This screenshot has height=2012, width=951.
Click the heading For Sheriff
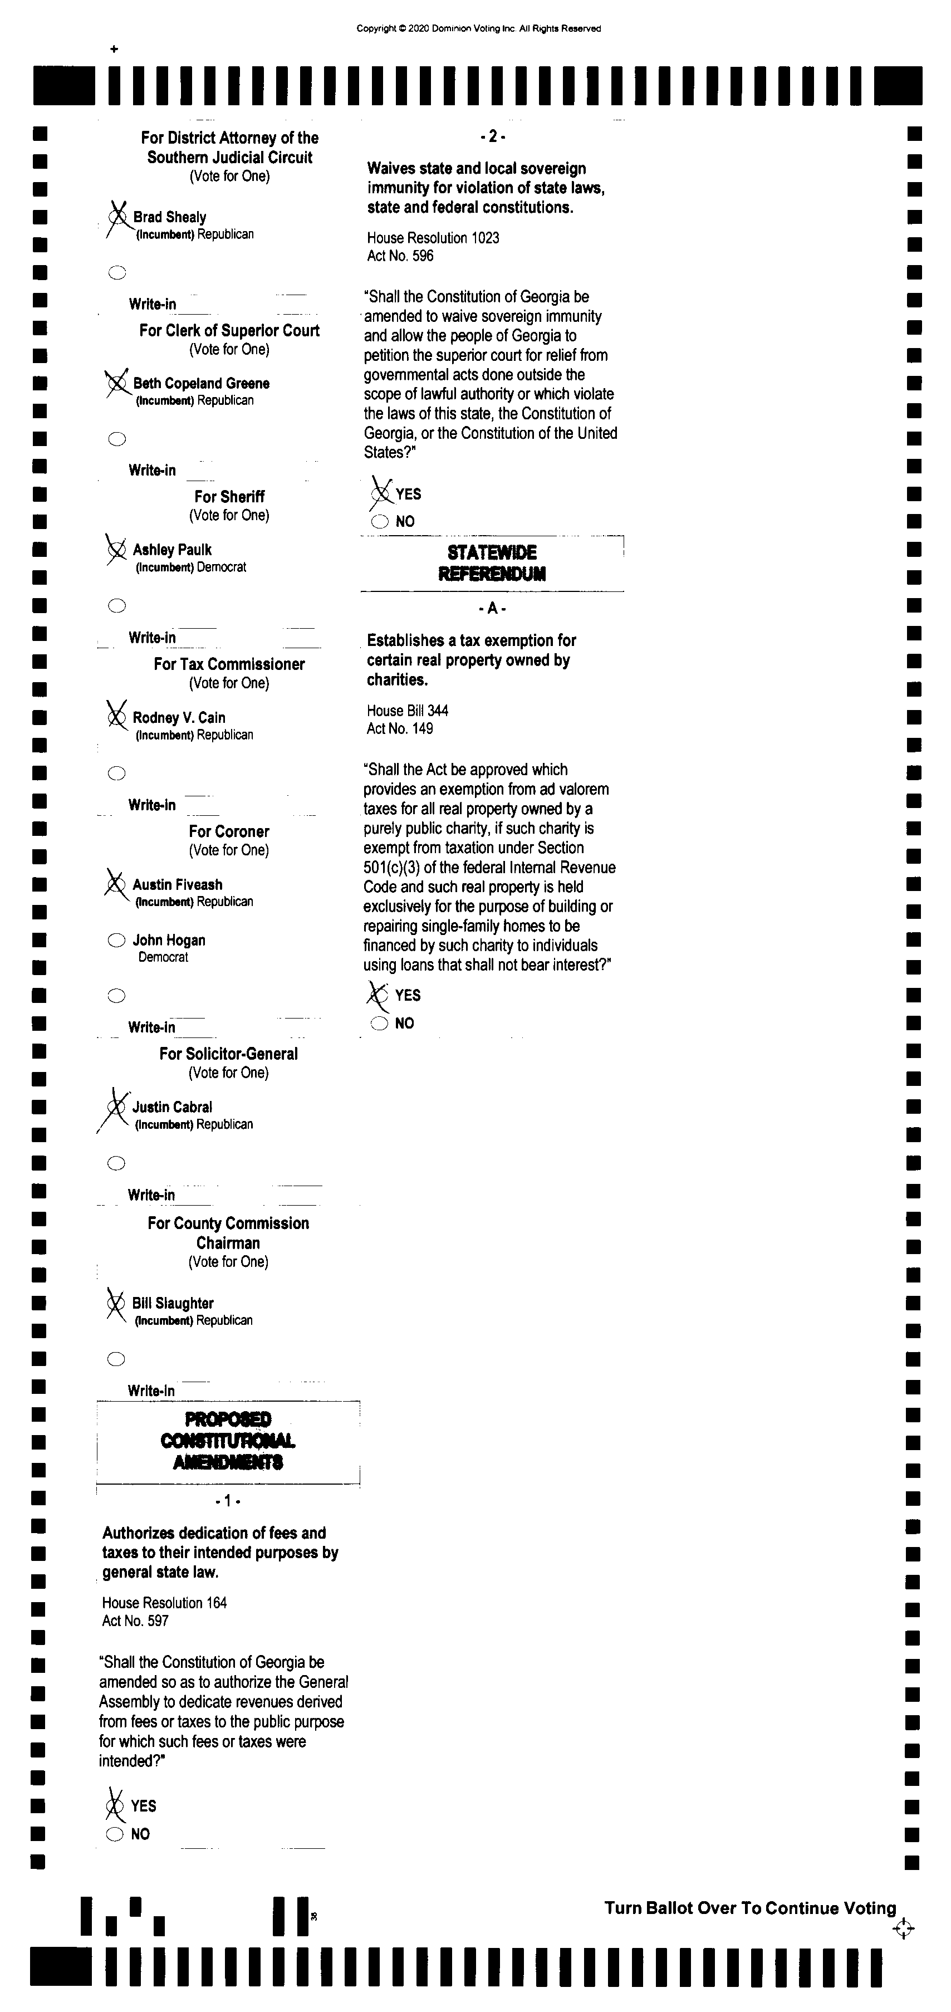[229, 497]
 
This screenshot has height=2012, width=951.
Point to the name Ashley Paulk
[172, 550]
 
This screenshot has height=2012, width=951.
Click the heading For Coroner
[229, 831]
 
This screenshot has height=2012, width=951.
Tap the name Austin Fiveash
[177, 884]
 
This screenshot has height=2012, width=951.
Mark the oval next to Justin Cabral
[116, 1106]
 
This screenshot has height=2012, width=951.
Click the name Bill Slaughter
[173, 1303]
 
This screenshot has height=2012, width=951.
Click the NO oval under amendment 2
[380, 522]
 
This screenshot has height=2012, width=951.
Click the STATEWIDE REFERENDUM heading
[492, 563]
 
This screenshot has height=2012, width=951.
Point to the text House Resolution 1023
[433, 237]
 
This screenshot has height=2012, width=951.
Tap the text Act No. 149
[400, 729]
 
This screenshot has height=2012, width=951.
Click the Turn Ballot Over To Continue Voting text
[749, 1908]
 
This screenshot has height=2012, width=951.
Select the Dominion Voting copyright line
[479, 29]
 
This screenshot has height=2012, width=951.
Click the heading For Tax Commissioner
[229, 664]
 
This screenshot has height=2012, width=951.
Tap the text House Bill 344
[408, 711]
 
